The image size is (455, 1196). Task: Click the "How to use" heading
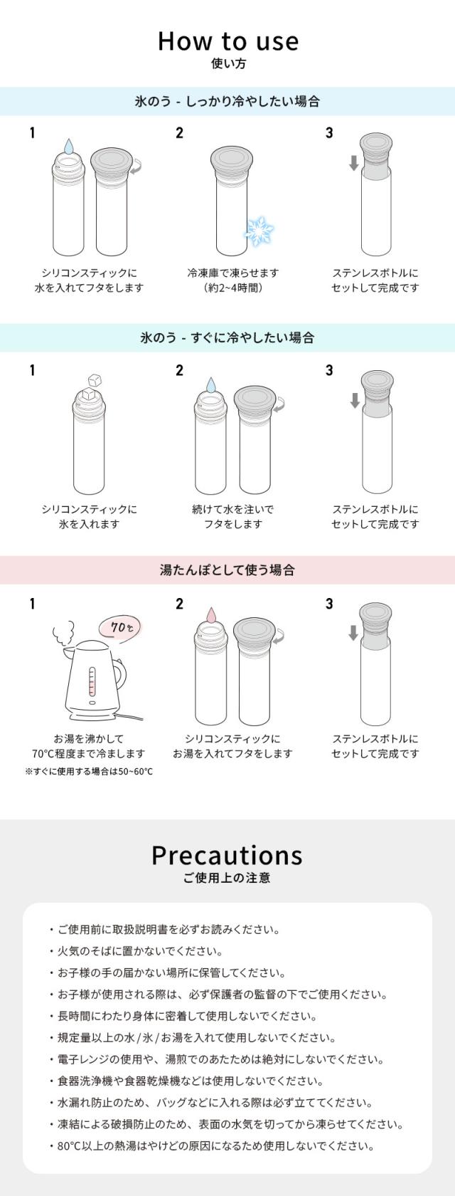click(x=227, y=41)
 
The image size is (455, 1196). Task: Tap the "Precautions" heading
click(x=227, y=854)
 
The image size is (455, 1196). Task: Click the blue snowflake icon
click(x=259, y=230)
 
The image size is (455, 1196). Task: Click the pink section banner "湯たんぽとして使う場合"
click(x=227, y=570)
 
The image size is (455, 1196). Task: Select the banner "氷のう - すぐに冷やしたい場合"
click(x=227, y=337)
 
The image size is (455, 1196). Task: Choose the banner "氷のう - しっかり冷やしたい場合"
click(x=227, y=101)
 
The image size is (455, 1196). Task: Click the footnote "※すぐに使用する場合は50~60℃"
click(x=89, y=772)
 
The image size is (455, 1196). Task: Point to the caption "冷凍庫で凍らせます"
click(x=232, y=273)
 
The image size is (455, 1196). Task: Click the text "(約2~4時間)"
click(x=232, y=288)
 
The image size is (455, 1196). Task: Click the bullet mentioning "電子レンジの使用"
click(x=220, y=1059)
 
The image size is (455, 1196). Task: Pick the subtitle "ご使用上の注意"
click(x=227, y=878)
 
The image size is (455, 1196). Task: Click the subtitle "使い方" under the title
click(x=228, y=64)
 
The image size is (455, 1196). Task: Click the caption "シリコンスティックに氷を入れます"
click(x=89, y=517)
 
